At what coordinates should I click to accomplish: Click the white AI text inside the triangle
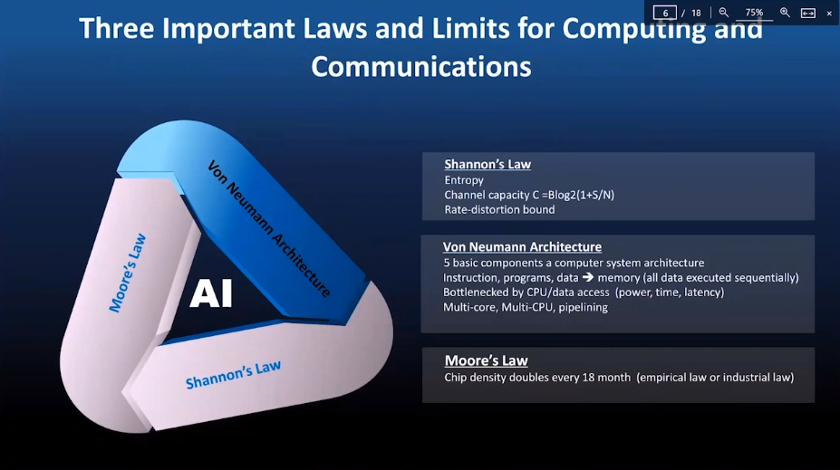click(211, 293)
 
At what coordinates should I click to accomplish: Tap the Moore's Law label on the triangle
click(128, 273)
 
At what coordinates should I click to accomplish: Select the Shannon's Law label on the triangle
click(233, 374)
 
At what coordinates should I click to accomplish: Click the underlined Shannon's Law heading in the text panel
click(488, 165)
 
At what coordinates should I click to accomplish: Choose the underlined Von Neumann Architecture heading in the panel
click(522, 246)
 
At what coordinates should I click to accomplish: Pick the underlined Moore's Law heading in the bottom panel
click(486, 360)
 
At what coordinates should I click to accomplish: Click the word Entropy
click(464, 180)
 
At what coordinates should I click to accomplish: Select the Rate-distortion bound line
click(499, 209)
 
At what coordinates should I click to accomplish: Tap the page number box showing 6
click(665, 13)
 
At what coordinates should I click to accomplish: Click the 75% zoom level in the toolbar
click(754, 13)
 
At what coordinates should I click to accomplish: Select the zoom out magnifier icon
click(724, 13)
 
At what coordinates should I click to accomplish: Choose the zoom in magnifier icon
click(785, 13)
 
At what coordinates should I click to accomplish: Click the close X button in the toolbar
click(829, 13)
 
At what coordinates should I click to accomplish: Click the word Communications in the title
click(421, 66)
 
